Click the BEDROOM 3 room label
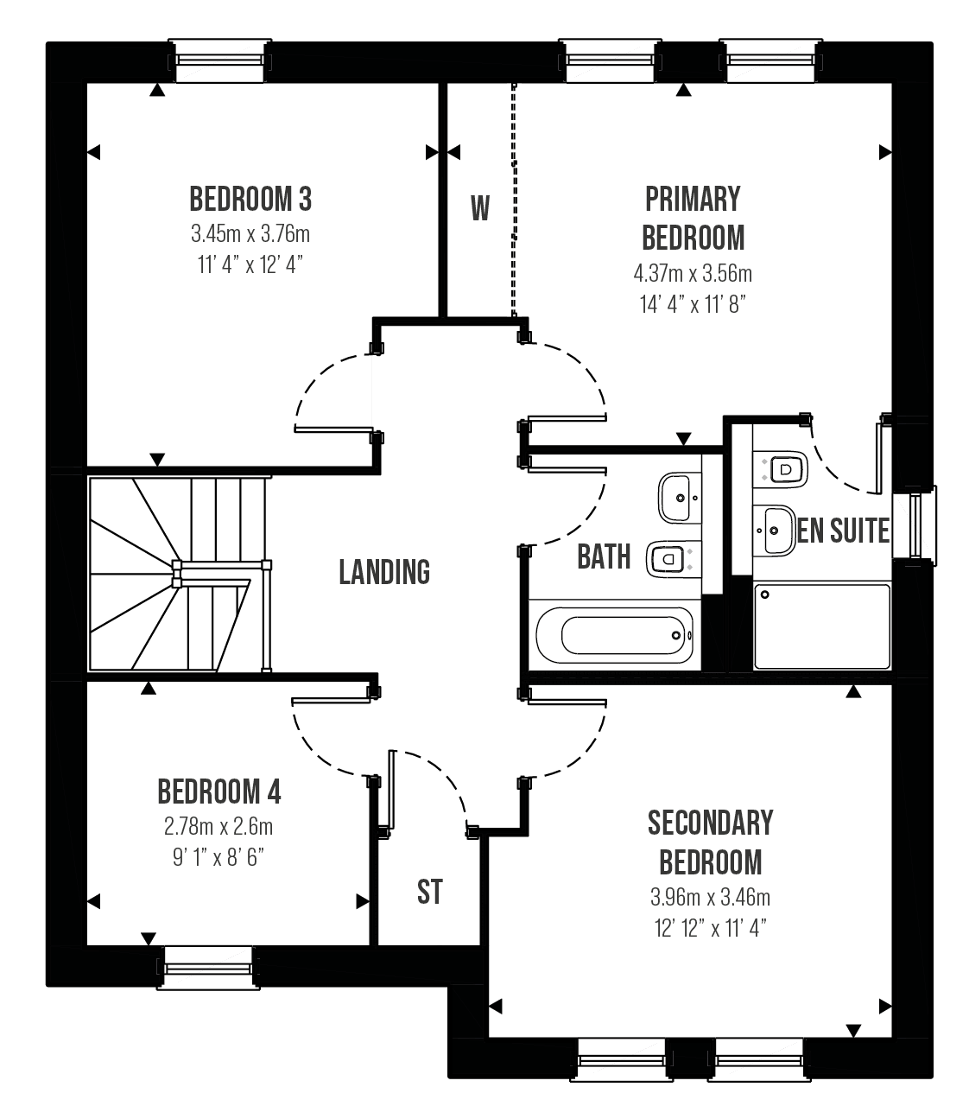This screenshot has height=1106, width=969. [x=250, y=200]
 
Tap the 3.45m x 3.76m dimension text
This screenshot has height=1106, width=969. [x=250, y=234]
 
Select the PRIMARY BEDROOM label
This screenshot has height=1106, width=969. [x=693, y=219]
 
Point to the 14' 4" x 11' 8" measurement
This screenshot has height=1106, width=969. [x=693, y=304]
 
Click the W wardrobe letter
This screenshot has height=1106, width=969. [x=480, y=208]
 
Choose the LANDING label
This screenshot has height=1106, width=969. [x=384, y=572]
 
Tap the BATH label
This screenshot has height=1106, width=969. [x=604, y=556]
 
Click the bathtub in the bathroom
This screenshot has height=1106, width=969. [x=614, y=635]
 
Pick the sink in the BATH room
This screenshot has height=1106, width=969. [x=680, y=498]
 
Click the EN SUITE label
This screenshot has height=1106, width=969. [x=843, y=531]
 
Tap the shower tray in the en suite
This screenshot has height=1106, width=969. [x=821, y=626]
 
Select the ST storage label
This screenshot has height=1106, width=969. [x=430, y=892]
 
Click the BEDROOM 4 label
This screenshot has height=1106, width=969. [x=219, y=792]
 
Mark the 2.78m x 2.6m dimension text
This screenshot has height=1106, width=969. [x=218, y=827]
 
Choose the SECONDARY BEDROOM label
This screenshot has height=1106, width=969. [x=711, y=842]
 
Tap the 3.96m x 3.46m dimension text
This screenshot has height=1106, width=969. [x=711, y=897]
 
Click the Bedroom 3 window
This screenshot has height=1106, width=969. [x=220, y=60]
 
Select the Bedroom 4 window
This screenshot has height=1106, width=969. [x=208, y=969]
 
